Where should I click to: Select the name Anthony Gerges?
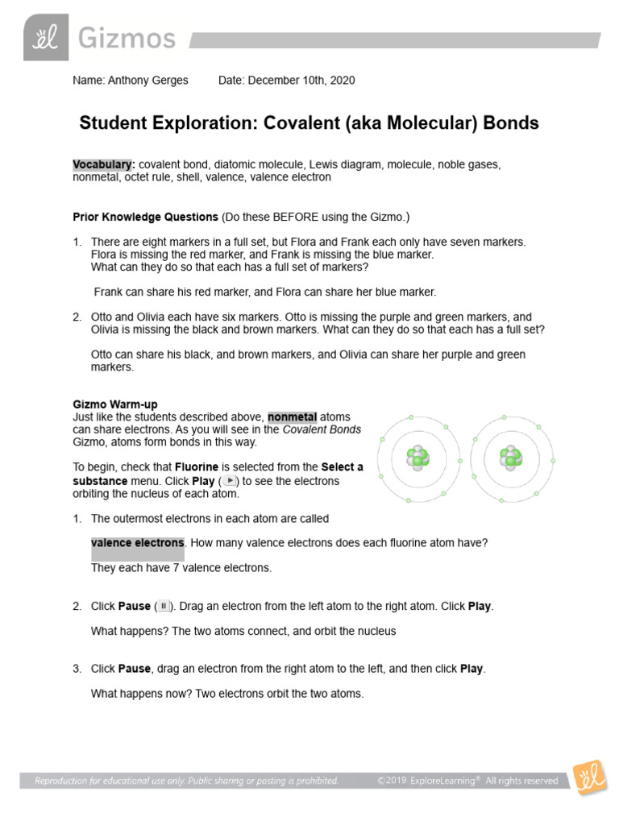(149, 81)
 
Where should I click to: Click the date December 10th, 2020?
(301, 81)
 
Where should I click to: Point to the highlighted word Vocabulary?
(102, 164)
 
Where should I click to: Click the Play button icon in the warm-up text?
(231, 480)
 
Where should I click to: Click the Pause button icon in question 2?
(164, 606)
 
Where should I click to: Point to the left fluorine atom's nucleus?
(417, 459)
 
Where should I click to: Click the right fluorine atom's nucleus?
(509, 458)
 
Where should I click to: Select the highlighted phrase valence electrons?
(138, 543)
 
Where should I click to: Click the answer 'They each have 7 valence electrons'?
(181, 568)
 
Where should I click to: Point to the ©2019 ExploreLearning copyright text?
(467, 781)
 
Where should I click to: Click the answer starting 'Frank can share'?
(265, 292)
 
